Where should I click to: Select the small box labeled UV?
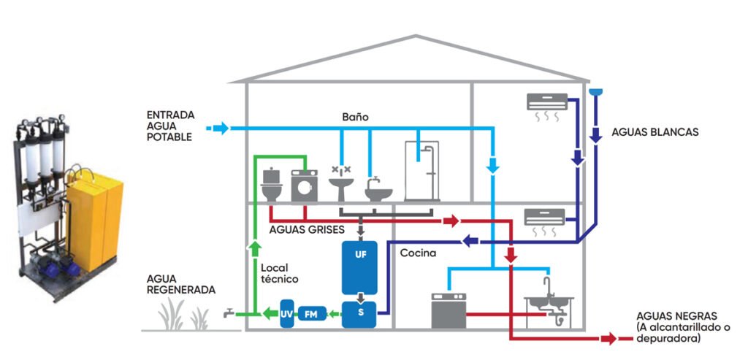287,313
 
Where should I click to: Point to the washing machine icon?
304,186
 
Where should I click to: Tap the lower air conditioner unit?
544,217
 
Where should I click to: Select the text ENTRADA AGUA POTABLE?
170,126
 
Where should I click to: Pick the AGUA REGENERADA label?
181,284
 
